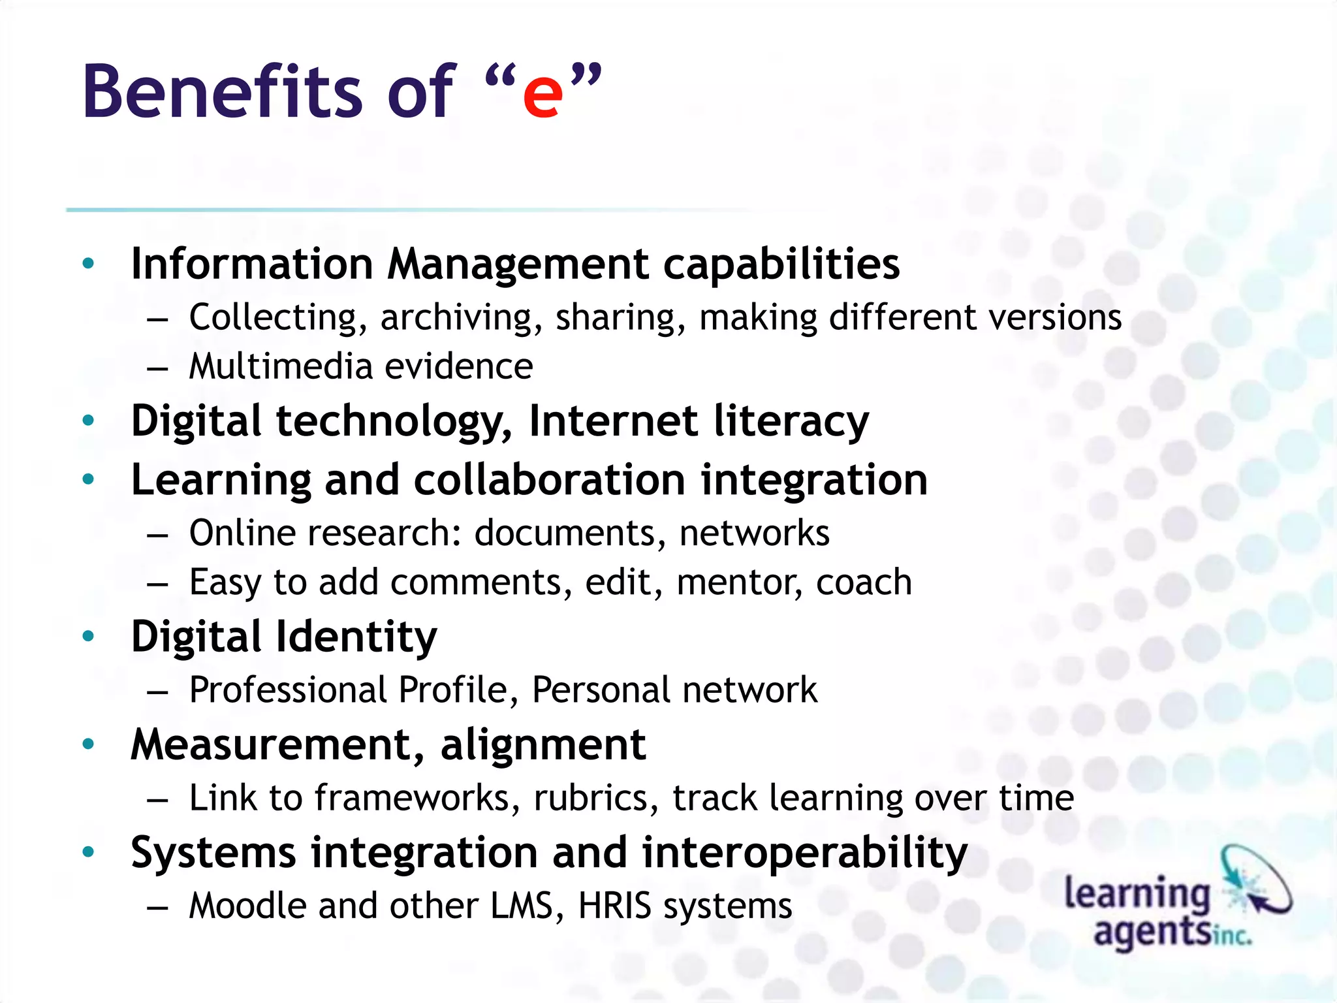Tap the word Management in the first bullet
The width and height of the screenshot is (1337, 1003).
[x=518, y=264]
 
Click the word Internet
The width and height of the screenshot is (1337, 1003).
[x=613, y=421]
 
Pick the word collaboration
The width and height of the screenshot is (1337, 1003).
[x=549, y=480]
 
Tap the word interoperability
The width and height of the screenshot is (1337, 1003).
[x=804, y=853]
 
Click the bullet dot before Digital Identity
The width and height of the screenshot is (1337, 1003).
[x=89, y=636]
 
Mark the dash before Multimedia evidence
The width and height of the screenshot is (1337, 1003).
[x=158, y=368]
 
